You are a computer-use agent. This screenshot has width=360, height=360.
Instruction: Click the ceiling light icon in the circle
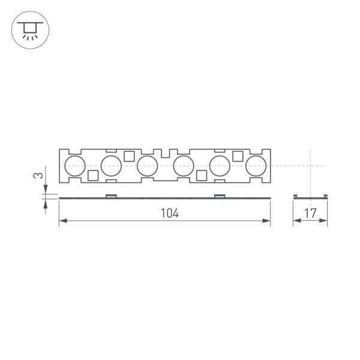pyautogui.click(x=28, y=28)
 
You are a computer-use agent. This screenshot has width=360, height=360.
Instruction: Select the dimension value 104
pyautogui.click(x=170, y=213)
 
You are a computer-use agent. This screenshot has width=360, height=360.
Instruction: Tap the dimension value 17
pyautogui.click(x=310, y=213)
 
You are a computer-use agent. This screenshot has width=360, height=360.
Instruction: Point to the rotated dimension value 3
pyautogui.click(x=38, y=176)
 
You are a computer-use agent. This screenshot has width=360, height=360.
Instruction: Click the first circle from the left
pyautogui.click(x=75, y=166)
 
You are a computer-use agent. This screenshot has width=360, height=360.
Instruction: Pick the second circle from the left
pyautogui.click(x=112, y=166)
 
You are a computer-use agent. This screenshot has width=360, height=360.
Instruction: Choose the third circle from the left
pyautogui.click(x=147, y=166)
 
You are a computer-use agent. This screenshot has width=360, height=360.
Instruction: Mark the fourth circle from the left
pyautogui.click(x=184, y=166)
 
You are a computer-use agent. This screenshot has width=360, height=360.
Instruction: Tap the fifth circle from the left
pyautogui.click(x=220, y=166)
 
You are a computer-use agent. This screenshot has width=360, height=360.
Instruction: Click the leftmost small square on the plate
pyautogui.click(x=93, y=175)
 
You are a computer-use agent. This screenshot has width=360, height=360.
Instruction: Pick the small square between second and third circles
pyautogui.click(x=129, y=156)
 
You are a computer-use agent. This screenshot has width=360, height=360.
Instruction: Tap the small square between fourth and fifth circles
pyautogui.click(x=202, y=175)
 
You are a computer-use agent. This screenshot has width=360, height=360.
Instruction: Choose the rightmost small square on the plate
pyautogui.click(x=238, y=156)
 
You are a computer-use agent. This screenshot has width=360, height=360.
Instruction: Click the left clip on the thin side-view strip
pyautogui.click(x=111, y=196)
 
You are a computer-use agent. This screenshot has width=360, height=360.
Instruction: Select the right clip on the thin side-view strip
pyautogui.click(x=220, y=196)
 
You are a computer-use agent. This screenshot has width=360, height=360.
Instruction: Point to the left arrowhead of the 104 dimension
pyautogui.click(x=62, y=222)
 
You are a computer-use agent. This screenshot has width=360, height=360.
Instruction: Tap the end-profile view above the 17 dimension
pyautogui.click(x=310, y=197)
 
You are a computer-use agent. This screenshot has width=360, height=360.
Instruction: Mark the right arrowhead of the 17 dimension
pyautogui.click(x=325, y=222)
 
